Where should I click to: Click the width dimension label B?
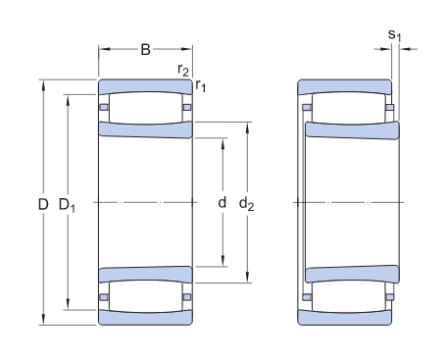[145, 50]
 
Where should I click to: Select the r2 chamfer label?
[183, 69]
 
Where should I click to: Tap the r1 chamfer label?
[201, 86]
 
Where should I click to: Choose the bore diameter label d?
[222, 203]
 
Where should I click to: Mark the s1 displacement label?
[395, 36]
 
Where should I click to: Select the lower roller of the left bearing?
[145, 295]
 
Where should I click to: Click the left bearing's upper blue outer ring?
[145, 84]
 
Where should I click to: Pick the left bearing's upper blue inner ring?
[145, 129]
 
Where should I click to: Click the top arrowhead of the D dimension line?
[43, 82]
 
